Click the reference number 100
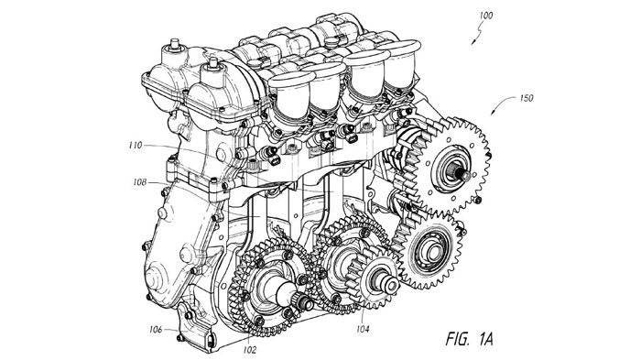click(x=486, y=16)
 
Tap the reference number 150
click(x=527, y=98)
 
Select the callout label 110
click(x=135, y=145)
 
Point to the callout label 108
click(x=140, y=182)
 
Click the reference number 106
click(x=156, y=330)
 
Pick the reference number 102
click(x=250, y=350)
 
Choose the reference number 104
click(x=363, y=329)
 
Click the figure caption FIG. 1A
click(x=469, y=339)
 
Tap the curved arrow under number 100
click(x=478, y=32)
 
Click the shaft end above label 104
click(x=390, y=285)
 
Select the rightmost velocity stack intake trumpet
click(x=399, y=61)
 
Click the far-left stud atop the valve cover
click(x=175, y=44)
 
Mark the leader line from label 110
click(x=179, y=148)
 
